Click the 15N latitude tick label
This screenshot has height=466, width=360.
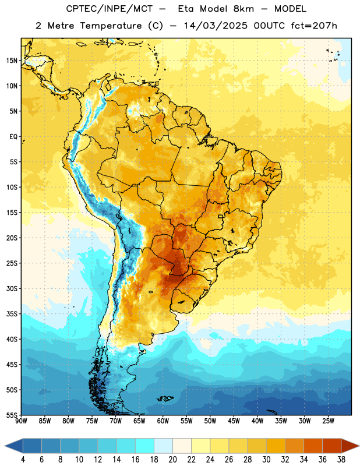12,61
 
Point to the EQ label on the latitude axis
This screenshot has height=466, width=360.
13,137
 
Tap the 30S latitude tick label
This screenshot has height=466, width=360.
12,288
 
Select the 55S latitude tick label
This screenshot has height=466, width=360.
12,415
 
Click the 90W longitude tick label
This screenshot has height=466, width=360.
21,421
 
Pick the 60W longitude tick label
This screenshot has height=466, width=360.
163,421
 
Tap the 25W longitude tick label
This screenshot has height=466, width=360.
328,421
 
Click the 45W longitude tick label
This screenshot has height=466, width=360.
234,421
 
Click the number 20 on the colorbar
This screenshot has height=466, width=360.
172,460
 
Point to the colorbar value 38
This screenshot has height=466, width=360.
341,460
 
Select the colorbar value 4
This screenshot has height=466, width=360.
23,460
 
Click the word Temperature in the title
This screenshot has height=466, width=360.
111,26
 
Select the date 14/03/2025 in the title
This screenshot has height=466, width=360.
216,26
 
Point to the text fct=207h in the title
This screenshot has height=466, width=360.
314,26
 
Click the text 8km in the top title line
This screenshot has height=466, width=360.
243,9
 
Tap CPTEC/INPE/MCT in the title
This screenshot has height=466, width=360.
110,9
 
